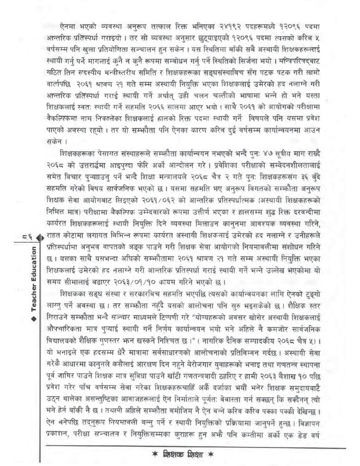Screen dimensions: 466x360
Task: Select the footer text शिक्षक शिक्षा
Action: tap(180, 456)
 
